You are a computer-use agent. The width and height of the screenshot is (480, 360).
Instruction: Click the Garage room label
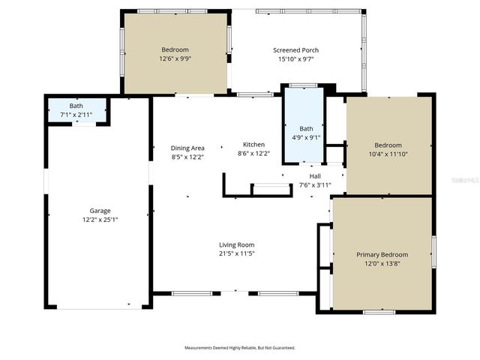point(100,211)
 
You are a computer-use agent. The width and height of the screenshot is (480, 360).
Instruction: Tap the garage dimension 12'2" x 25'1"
point(100,220)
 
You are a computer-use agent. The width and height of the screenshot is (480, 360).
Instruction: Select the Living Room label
point(236,244)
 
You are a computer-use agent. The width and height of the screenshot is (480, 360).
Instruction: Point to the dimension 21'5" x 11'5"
point(236,253)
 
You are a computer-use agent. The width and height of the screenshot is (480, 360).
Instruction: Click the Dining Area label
point(187,148)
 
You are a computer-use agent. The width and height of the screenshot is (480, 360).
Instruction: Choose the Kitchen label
point(253,144)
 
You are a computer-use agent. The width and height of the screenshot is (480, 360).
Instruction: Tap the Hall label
point(315,175)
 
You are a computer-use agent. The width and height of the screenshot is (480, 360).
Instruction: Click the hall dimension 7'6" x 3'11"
point(315,184)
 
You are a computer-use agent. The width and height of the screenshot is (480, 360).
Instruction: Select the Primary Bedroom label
point(382,255)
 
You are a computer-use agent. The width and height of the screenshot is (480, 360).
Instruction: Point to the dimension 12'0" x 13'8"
point(382,264)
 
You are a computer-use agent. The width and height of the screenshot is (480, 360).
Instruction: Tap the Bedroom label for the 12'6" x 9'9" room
point(174,49)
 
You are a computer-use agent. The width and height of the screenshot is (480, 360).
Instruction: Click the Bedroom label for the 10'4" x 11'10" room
point(388,145)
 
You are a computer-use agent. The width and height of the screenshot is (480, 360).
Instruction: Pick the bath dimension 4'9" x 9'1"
point(306,137)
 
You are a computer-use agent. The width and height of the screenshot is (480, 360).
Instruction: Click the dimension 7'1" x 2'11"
point(76,115)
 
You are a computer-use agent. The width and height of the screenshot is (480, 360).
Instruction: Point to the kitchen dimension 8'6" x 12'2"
point(253,154)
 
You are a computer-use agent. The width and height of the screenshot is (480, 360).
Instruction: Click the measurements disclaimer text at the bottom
point(240,348)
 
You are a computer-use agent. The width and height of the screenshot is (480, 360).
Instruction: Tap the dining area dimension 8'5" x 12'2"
point(187,157)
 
